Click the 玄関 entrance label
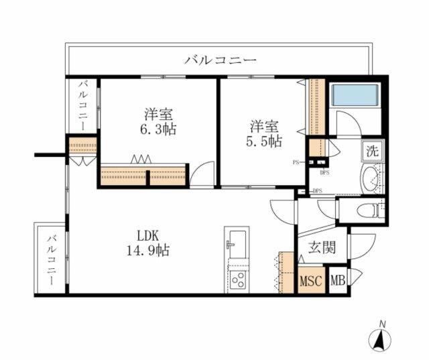point(321,247)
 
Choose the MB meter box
point(339,280)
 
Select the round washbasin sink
point(371,178)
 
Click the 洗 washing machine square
point(371,151)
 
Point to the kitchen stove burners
point(237,280)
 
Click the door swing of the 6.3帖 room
point(201,176)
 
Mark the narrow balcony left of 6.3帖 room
point(83,107)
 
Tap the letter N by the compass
point(383,325)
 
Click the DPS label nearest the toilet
point(316,191)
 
